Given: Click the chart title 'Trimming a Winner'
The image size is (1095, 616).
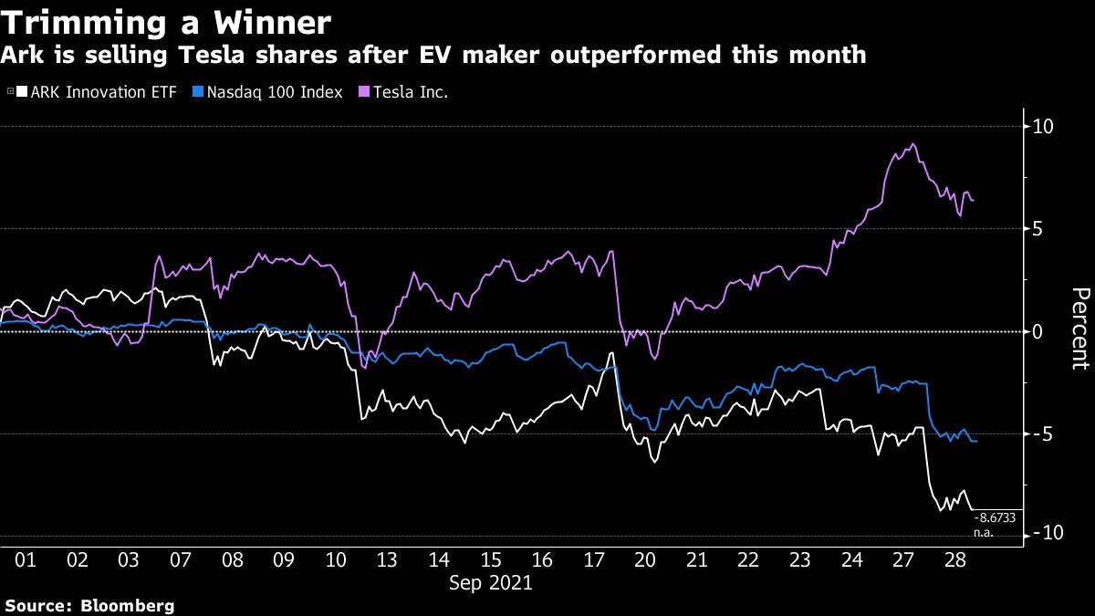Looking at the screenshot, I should (x=166, y=21).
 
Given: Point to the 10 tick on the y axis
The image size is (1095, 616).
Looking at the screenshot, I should (x=1041, y=126).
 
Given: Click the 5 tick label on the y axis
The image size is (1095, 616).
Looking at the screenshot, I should (x=1037, y=229).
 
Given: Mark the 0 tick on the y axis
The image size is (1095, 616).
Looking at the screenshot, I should (x=1037, y=331).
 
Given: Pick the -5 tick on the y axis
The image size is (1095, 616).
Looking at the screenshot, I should (x=1041, y=434).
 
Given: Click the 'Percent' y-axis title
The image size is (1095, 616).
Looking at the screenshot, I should (x=1079, y=329).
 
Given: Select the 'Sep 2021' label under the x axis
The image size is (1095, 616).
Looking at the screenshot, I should (x=490, y=582).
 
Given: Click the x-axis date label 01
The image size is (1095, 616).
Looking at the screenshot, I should (x=26, y=559).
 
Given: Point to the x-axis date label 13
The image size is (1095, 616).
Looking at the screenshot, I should (x=387, y=559).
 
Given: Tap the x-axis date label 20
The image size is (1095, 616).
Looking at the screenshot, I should (x=645, y=559).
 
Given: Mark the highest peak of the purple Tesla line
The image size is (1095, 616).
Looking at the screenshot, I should (x=912, y=144).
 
